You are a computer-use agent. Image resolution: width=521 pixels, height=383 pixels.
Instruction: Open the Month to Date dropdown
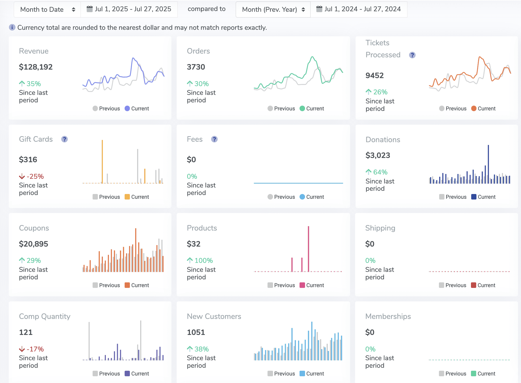(47, 10)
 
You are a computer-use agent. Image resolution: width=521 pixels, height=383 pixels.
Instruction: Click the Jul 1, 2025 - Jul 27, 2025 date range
(129, 9)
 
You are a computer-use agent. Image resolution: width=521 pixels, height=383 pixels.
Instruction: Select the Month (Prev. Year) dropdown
(273, 10)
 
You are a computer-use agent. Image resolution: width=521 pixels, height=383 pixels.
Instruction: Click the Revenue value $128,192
(36, 67)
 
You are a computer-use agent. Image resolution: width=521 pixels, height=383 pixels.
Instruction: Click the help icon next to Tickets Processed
(412, 55)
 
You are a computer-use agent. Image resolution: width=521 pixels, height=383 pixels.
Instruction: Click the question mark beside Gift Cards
(64, 139)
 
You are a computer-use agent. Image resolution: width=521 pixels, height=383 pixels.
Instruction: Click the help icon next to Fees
(214, 139)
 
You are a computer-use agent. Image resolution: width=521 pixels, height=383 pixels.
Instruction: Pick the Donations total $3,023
(378, 155)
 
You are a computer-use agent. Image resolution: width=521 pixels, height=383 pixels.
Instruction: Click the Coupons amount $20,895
(34, 244)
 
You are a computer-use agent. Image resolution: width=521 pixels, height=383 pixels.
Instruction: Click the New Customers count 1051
(196, 332)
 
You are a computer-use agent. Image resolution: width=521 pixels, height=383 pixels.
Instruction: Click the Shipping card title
(380, 228)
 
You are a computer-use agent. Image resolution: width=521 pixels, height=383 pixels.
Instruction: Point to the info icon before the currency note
(12, 27)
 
